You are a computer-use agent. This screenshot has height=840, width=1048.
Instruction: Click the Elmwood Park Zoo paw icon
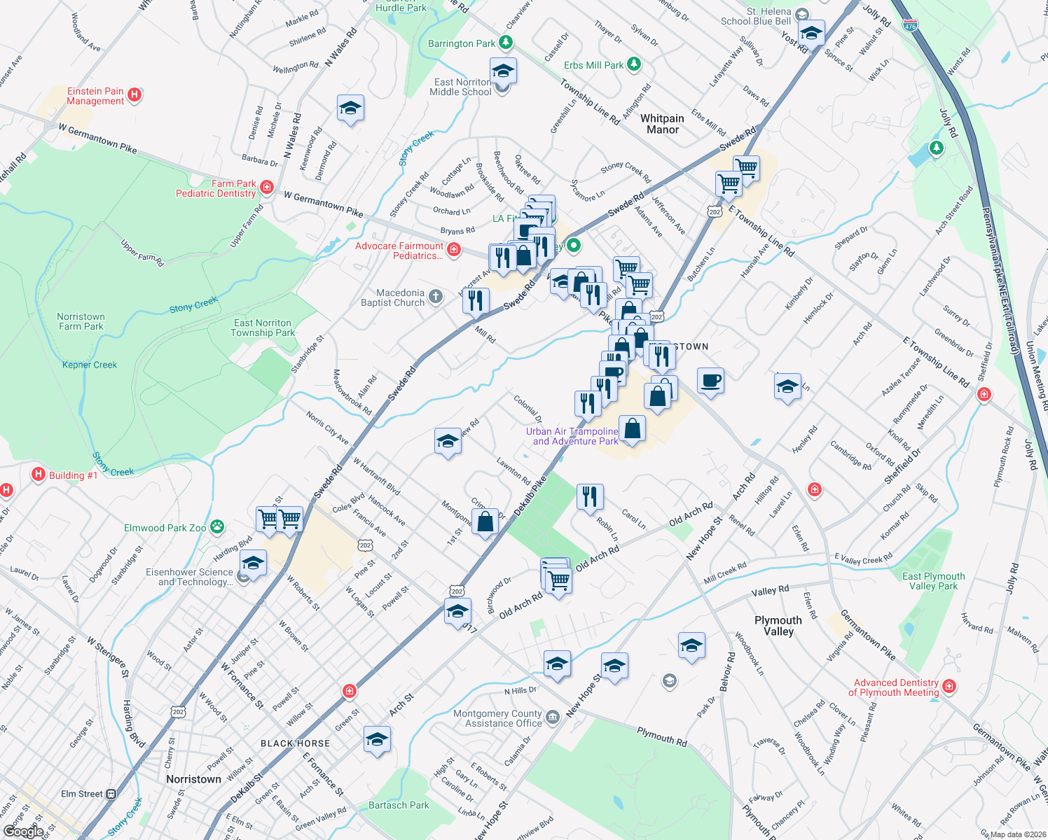coord(218,526)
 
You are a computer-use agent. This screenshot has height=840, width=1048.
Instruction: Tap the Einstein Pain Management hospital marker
coord(135,94)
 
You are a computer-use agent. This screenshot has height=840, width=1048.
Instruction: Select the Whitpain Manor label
coord(662,124)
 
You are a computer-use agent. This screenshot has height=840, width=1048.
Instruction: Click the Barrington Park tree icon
coord(505,43)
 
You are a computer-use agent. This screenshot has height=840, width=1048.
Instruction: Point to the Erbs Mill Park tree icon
coord(633,64)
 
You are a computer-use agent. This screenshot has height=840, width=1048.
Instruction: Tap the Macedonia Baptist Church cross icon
coord(436,297)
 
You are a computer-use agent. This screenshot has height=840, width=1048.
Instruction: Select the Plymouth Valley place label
coord(778,626)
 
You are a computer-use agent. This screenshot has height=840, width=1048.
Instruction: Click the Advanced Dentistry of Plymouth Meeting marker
coord(949,686)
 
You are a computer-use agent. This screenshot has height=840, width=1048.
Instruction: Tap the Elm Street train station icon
coord(111,794)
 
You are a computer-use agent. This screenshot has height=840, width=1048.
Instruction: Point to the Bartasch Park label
coord(399,805)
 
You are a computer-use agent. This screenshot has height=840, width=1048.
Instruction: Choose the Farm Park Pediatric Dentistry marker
coord(266,187)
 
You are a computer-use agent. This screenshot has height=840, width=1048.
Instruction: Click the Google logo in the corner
coord(23,831)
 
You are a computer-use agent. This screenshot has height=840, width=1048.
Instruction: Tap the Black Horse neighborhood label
coord(295,743)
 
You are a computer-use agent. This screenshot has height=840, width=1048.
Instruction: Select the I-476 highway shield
coord(909,26)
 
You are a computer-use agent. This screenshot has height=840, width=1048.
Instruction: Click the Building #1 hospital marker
coord(39,475)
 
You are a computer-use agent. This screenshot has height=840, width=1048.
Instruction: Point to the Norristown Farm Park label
coord(81,321)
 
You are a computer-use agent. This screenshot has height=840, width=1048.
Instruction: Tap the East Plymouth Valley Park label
coord(933,581)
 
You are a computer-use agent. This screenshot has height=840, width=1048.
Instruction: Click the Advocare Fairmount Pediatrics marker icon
coord(454,250)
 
